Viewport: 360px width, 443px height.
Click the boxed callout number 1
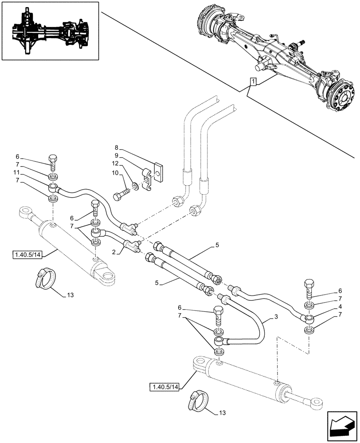[253, 82]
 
